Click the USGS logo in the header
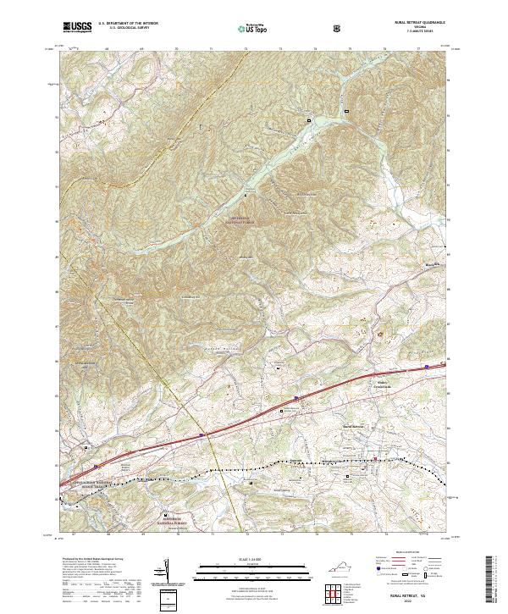[78, 28]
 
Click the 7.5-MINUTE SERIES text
[412, 32]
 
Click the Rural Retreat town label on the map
[357, 426]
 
